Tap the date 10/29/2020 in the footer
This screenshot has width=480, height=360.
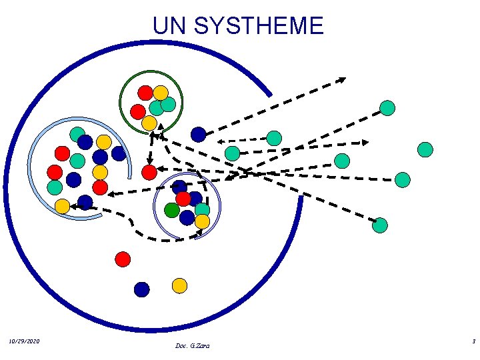25,341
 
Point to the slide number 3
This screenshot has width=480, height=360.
473,341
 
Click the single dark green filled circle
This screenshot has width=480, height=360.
172,210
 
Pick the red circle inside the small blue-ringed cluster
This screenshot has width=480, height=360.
183,199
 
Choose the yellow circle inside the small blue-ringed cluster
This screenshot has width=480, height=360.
202,221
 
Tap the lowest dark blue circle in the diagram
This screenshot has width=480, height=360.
141,289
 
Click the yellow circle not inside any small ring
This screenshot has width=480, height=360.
179,285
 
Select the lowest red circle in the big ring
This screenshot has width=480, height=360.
122,259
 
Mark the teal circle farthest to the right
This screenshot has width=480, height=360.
425,149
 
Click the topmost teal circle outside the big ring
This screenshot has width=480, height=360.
387,107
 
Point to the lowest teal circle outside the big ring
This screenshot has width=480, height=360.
379,225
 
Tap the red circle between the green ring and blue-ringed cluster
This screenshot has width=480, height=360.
149,173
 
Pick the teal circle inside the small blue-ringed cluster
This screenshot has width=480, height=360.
202,209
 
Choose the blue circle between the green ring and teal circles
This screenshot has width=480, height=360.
198,135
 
